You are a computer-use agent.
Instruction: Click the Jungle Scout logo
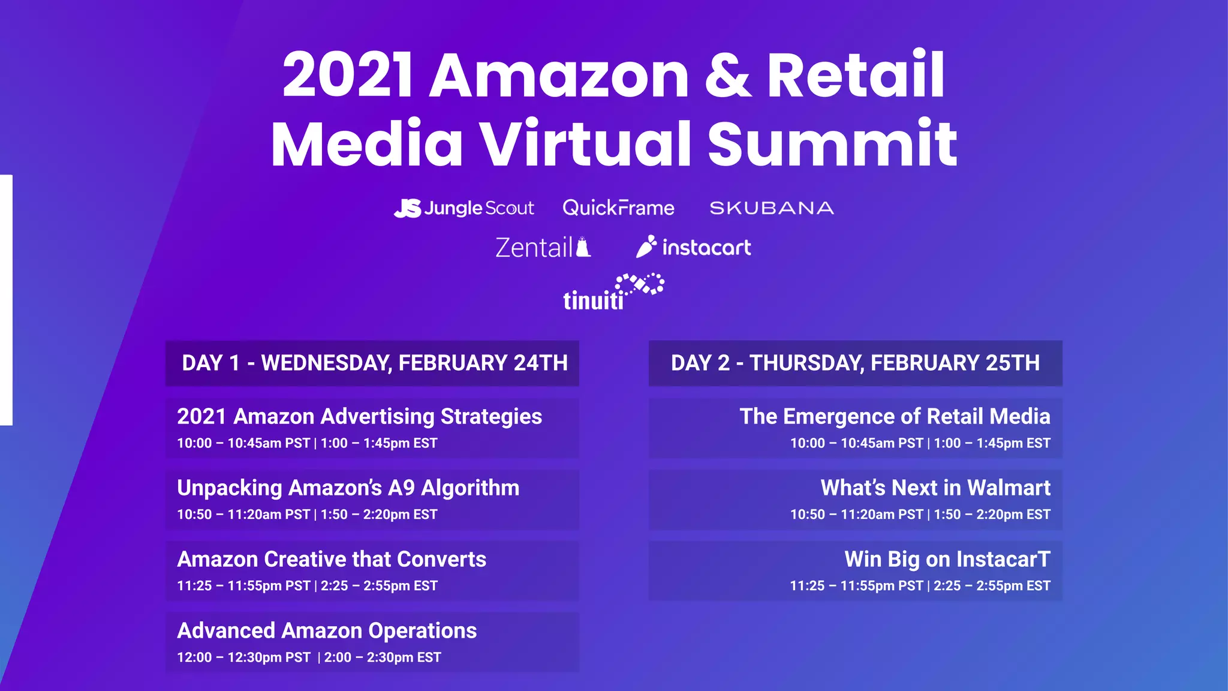coord(463,208)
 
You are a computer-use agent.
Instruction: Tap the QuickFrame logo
coord(618,208)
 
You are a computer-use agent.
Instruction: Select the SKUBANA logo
coord(772,208)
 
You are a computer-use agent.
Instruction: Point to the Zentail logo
coord(543,248)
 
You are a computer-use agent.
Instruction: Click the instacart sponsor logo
coord(693,247)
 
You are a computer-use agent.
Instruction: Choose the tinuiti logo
coord(613,293)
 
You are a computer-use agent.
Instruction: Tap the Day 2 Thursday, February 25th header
coord(855,363)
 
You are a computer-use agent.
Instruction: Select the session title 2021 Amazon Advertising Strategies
coord(359,416)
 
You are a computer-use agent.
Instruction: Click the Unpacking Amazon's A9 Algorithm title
coord(348,488)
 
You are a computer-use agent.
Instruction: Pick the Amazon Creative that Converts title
coord(332,559)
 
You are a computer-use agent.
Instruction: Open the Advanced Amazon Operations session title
coord(327,630)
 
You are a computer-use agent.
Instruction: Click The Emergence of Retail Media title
coord(895,416)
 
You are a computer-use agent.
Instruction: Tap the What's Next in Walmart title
coord(935,488)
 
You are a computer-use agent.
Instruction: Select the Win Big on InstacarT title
coord(947,559)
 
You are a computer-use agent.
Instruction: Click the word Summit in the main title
coord(832,143)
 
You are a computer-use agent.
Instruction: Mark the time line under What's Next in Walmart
coord(920,515)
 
